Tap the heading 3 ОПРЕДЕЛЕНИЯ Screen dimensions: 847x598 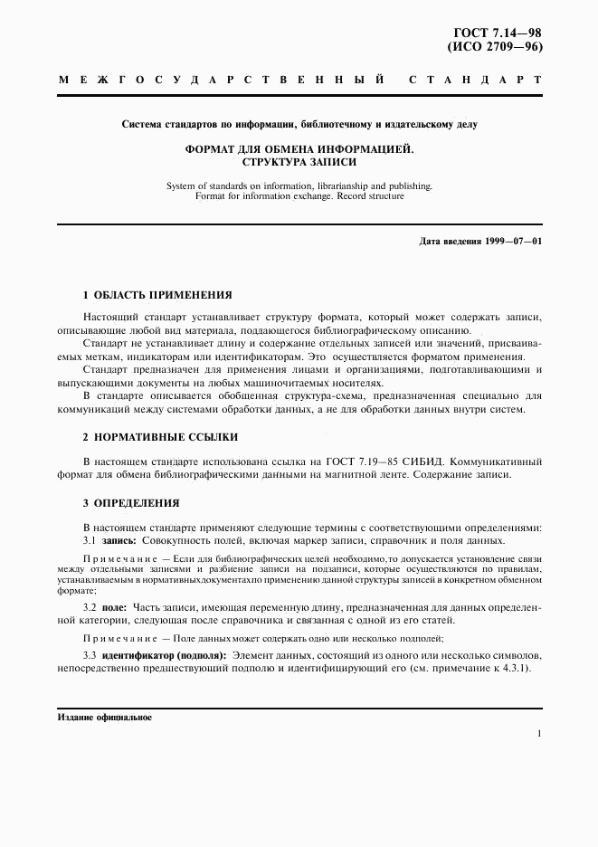[x=130, y=502]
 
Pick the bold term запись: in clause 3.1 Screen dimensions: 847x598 [x=119, y=540]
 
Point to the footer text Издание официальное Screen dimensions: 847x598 [x=104, y=718]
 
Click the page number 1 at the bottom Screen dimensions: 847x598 [x=537, y=734]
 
